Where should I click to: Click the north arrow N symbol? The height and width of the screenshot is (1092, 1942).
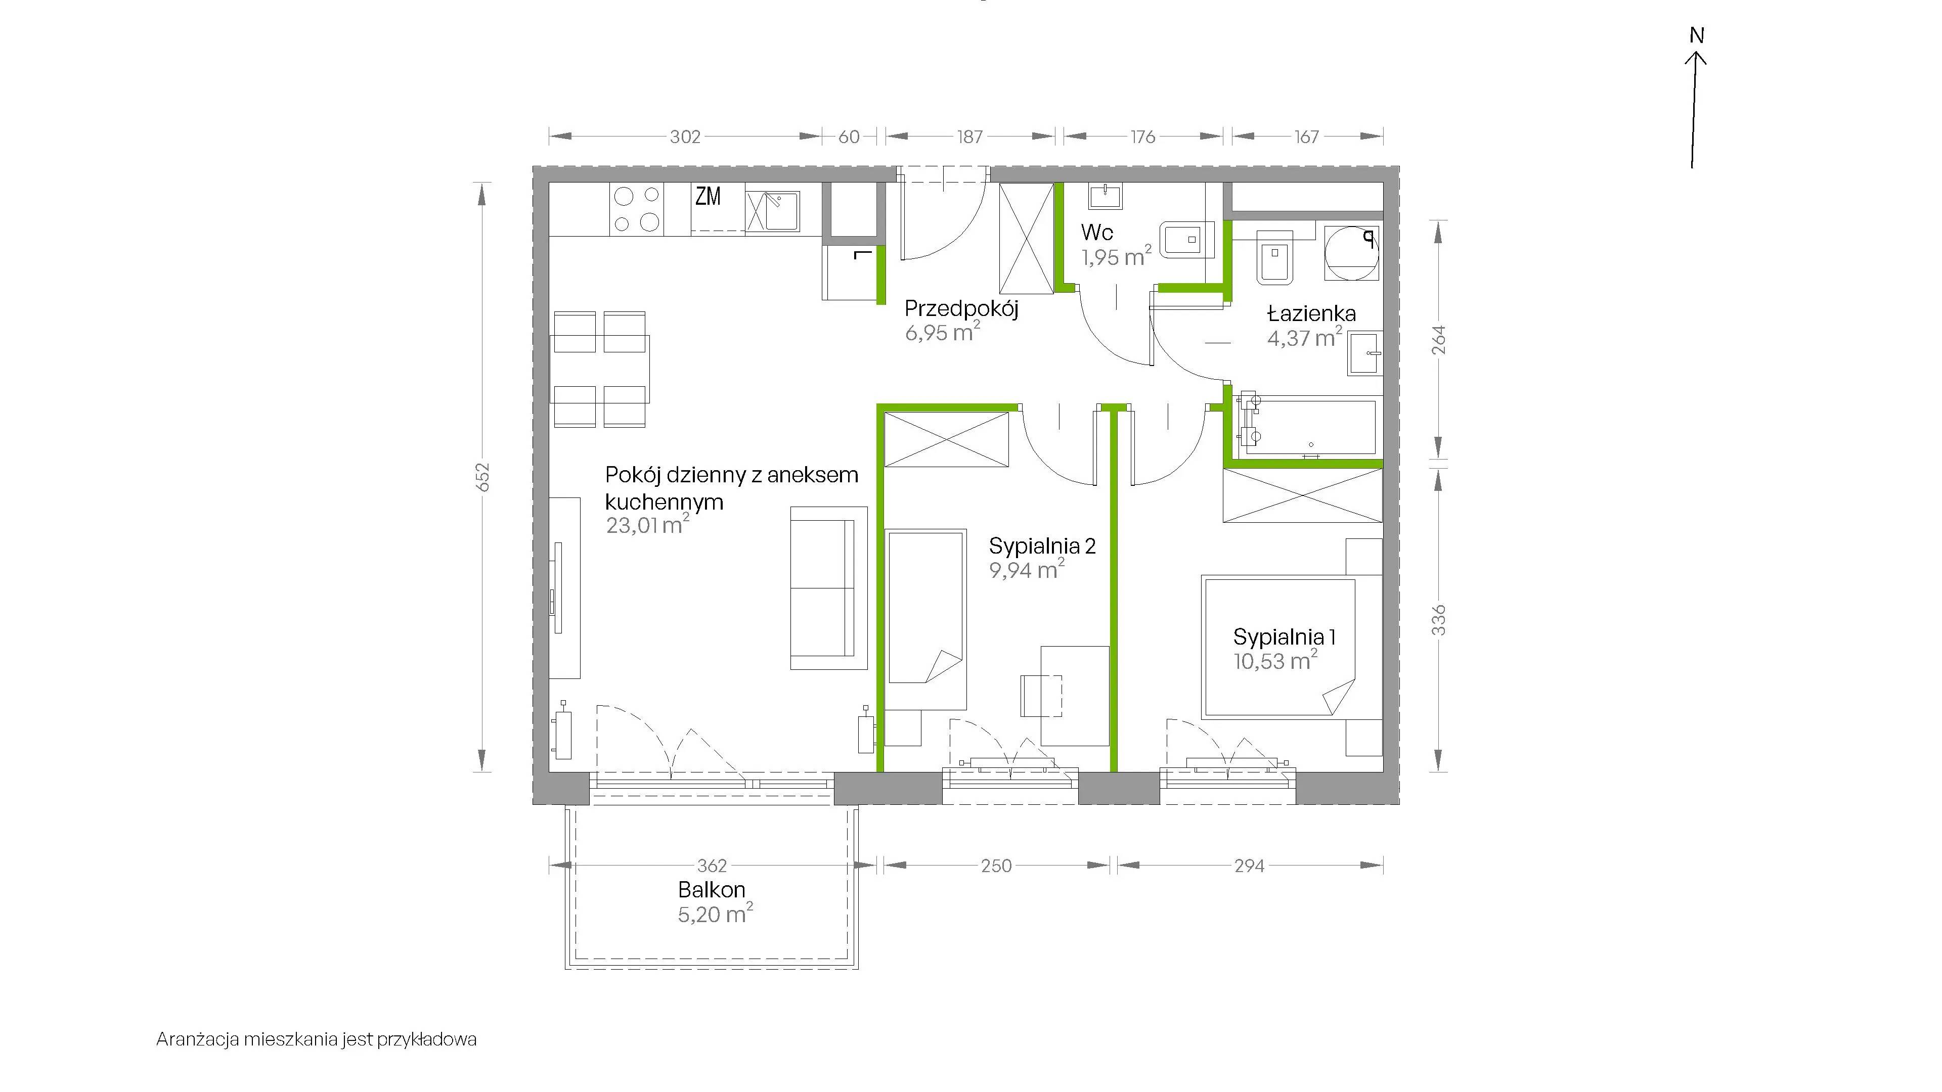pos(1696,35)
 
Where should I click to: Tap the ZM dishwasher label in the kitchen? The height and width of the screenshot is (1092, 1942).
pos(708,197)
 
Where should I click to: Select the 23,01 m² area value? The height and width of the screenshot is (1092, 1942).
pos(647,525)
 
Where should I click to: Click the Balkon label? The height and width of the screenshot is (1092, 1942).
pos(712,889)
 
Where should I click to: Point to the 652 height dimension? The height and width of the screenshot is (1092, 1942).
pos(483,477)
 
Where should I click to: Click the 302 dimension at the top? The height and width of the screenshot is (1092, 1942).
pos(685,136)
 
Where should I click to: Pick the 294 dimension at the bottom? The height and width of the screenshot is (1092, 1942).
pos(1249,866)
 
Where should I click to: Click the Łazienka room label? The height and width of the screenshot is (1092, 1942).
pos(1312,313)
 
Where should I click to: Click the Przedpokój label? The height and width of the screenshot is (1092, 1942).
pos(961,309)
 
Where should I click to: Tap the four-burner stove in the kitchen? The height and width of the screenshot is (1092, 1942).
pos(636,209)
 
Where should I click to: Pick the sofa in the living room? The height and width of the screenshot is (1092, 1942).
pos(828,588)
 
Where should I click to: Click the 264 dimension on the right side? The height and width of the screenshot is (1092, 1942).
pos(1439,339)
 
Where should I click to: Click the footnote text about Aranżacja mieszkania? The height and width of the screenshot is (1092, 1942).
pos(317,1040)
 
